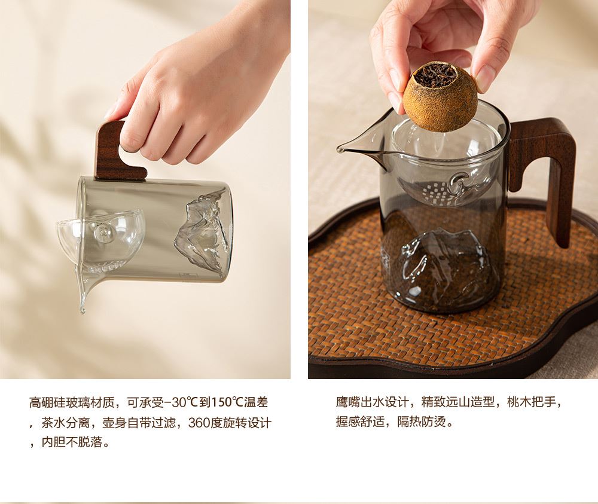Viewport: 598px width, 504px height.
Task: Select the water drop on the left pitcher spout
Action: [x=81, y=309]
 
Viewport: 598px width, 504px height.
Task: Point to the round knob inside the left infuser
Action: [x=102, y=232]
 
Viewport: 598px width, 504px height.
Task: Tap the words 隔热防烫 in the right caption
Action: [x=422, y=421]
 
